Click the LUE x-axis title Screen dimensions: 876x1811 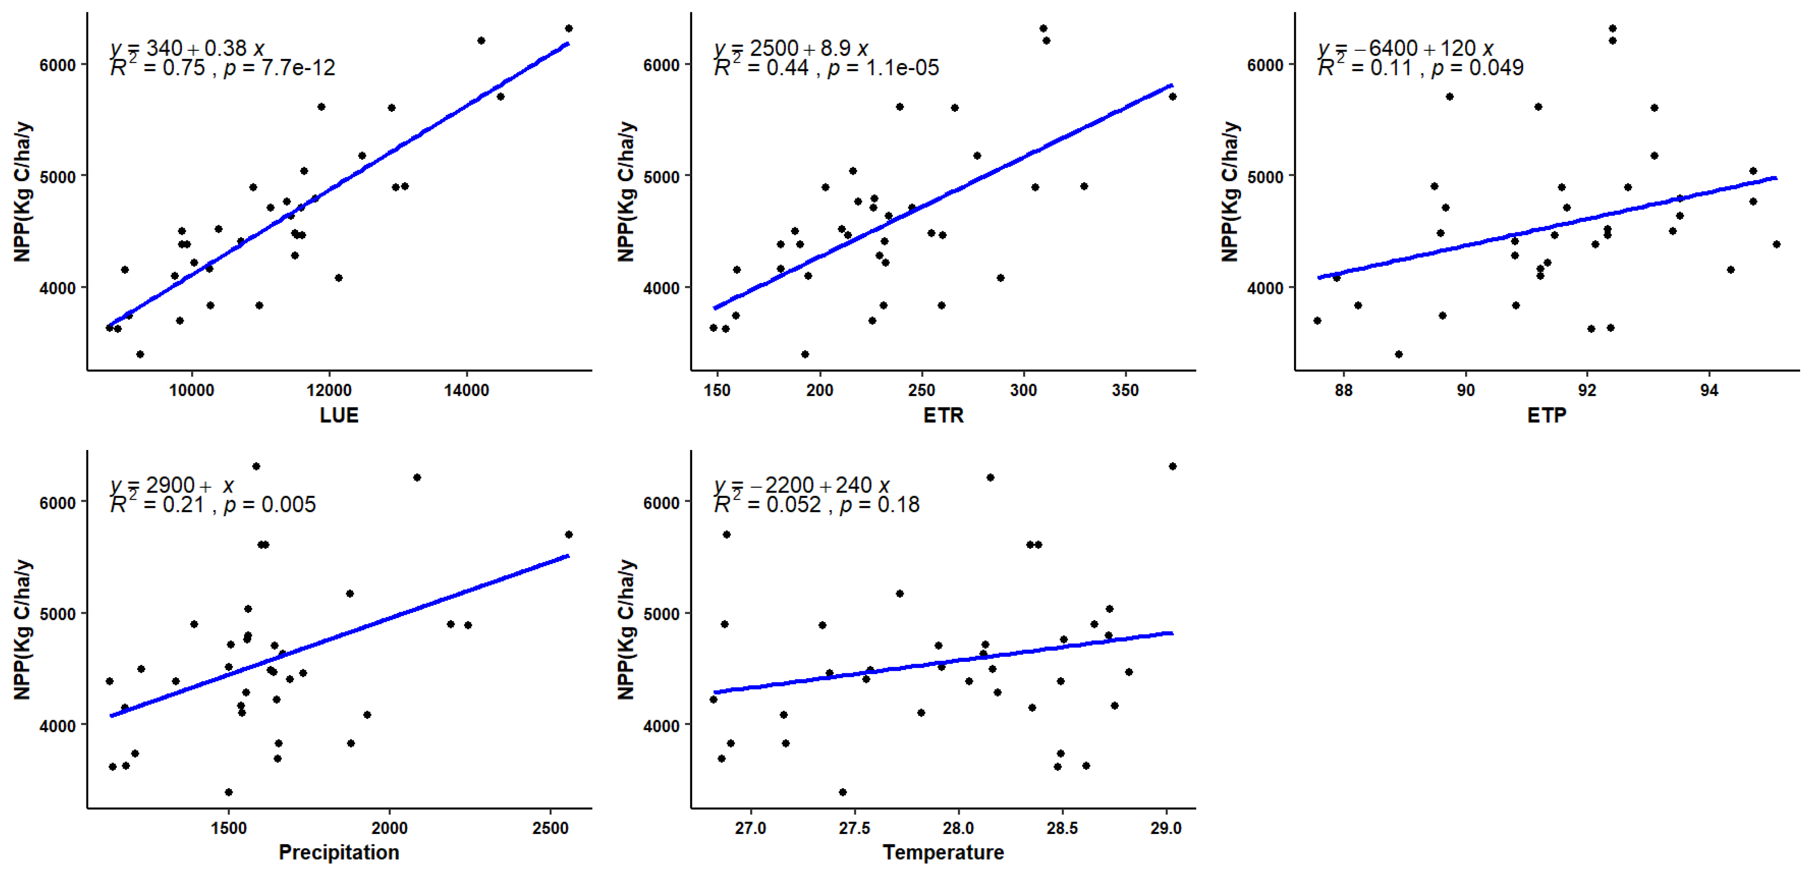click(x=339, y=416)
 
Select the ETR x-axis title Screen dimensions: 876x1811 click(x=943, y=416)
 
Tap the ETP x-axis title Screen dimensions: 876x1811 click(x=1546, y=416)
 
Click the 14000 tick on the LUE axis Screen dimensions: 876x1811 click(x=466, y=390)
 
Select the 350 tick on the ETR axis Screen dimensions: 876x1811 click(x=1125, y=390)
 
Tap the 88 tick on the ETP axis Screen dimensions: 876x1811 click(x=1343, y=390)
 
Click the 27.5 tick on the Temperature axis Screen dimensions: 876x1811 click(x=854, y=828)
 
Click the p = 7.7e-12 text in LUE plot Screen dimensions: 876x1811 click(x=279, y=68)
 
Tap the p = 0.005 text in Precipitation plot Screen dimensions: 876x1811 click(x=270, y=505)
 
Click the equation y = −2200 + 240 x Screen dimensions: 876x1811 click(x=801, y=485)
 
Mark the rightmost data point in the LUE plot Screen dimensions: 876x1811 click(x=569, y=29)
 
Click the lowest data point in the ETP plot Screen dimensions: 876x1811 click(x=1399, y=354)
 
